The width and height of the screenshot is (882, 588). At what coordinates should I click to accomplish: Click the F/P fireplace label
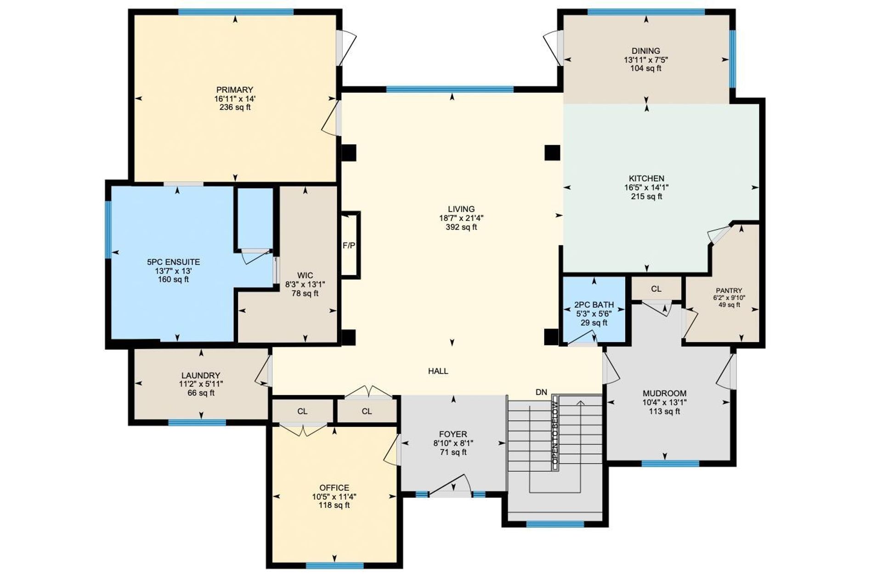(x=349, y=246)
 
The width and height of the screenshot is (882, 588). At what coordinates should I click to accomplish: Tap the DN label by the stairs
(x=542, y=392)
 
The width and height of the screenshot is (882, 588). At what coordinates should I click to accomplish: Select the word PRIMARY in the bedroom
(x=235, y=90)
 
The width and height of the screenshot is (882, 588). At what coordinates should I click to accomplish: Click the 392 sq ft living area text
(x=461, y=227)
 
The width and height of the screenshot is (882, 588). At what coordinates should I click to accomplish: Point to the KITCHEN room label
(x=646, y=179)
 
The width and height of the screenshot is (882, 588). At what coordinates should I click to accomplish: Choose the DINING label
(x=646, y=51)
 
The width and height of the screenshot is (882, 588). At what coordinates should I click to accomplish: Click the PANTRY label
(x=729, y=290)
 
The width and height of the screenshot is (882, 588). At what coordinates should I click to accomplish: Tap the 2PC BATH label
(x=594, y=305)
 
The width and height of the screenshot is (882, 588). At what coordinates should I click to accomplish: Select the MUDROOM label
(x=665, y=394)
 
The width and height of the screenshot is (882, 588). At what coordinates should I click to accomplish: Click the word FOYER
(x=453, y=435)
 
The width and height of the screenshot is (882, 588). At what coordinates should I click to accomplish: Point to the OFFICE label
(x=334, y=488)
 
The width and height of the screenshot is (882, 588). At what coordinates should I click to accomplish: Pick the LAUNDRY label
(x=201, y=376)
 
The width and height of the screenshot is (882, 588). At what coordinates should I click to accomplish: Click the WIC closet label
(x=305, y=276)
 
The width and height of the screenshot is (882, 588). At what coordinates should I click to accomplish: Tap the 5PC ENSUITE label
(x=173, y=262)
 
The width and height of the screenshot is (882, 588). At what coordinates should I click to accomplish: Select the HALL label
(x=438, y=371)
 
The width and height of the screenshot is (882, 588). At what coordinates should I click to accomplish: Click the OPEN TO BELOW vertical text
(x=555, y=432)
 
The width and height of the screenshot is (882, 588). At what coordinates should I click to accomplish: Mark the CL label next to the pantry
(x=656, y=289)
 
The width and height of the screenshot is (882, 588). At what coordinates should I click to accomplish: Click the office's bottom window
(x=335, y=565)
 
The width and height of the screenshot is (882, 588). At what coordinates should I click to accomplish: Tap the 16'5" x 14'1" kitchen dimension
(x=646, y=187)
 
